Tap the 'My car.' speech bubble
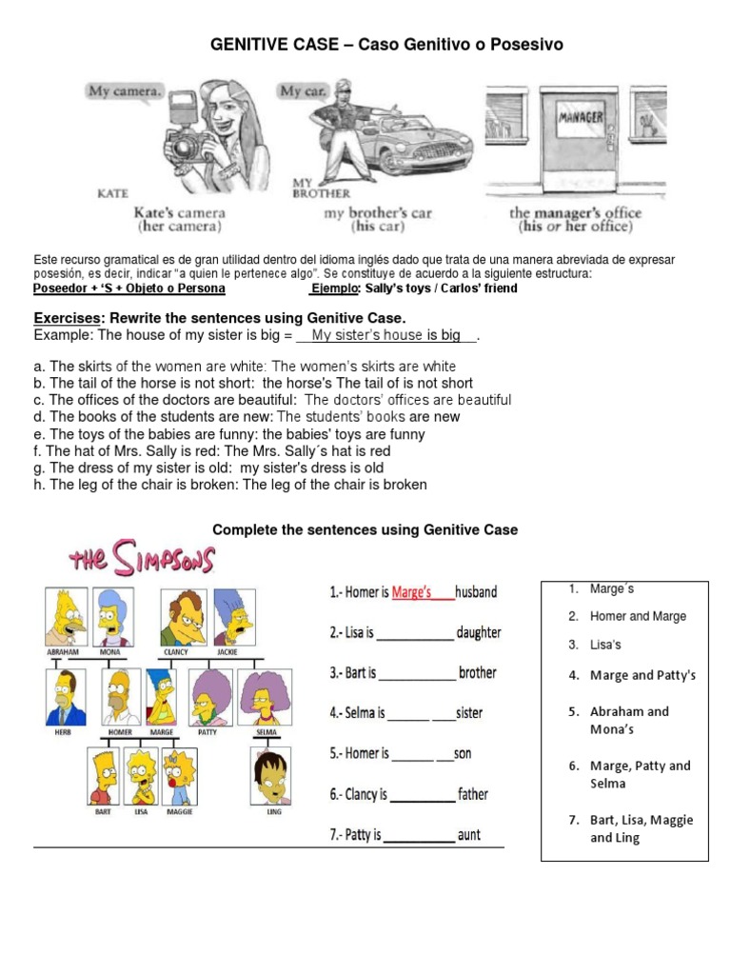[304, 91]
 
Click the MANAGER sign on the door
[582, 117]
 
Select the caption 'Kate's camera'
[179, 213]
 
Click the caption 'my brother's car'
[378, 213]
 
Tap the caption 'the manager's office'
[575, 213]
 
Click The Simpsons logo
[142, 560]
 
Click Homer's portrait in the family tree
[121, 696]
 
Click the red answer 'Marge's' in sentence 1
[412, 591]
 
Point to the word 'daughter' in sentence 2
[478, 632]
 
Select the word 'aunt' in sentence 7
[469, 835]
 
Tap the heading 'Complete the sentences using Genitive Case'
[365, 529]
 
